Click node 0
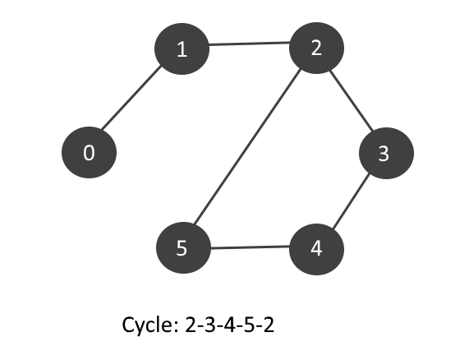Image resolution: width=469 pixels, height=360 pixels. tap(90, 153)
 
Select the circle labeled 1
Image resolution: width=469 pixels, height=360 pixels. tap(182, 49)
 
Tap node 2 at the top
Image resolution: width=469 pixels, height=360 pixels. tap(316, 48)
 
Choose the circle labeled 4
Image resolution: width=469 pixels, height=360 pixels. tap(315, 248)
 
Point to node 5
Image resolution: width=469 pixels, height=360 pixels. tap(182, 248)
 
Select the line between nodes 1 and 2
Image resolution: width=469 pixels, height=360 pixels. tap(249, 46)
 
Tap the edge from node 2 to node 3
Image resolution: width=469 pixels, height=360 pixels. tap(351, 100)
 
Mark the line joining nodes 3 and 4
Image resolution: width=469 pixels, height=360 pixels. tap(351, 201)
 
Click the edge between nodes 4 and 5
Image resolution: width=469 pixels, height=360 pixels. tap(249, 248)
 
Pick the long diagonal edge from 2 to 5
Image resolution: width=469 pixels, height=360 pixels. tap(249, 148)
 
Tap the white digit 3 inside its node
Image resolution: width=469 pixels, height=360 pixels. tap(383, 154)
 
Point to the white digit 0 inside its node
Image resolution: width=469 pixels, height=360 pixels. tap(90, 153)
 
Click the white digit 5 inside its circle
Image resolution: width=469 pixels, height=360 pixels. tap(182, 248)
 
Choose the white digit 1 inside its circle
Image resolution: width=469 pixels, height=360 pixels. tap(182, 49)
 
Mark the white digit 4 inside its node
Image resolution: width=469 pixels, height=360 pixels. tap(315, 248)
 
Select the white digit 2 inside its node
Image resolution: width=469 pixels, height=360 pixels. tap(316, 48)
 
